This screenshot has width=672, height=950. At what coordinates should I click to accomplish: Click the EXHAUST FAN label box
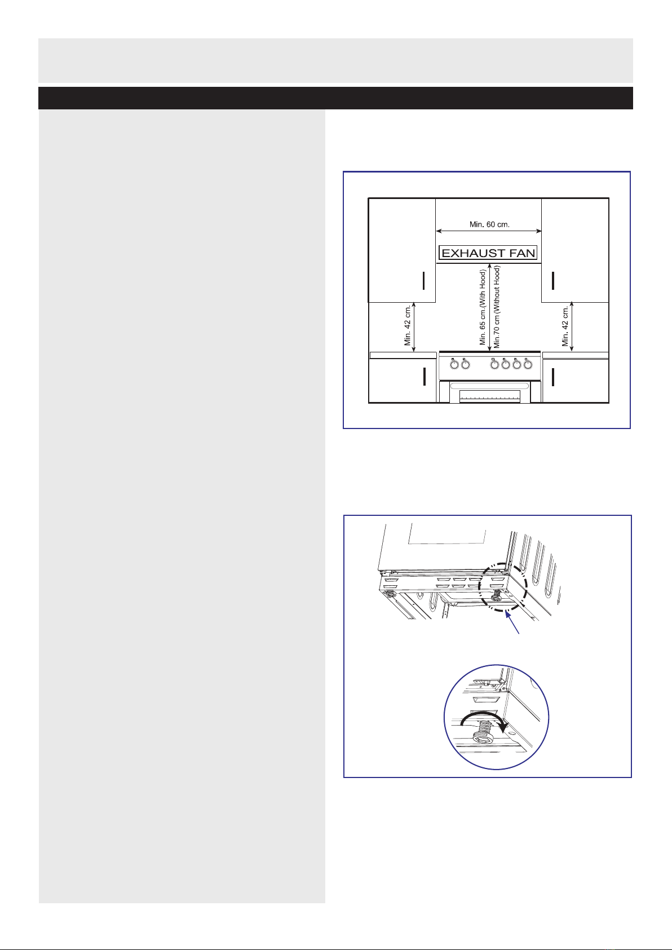coord(488,253)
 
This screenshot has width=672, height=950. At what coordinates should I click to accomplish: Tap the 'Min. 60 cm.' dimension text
coord(489,224)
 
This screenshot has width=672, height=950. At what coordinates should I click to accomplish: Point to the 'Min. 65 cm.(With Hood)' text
coord(483,307)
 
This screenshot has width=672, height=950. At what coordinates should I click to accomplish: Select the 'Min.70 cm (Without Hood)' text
coord(497,307)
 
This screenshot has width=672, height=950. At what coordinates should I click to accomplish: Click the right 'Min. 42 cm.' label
coord(565,325)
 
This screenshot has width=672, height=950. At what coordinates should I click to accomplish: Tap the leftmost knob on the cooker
coord(454,364)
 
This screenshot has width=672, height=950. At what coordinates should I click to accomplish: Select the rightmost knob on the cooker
coord(528,364)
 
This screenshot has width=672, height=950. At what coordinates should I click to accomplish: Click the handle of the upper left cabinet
coord(423,281)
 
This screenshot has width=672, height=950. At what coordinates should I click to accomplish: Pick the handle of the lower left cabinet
coord(425,377)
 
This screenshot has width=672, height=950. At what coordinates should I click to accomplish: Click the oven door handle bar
coord(490,386)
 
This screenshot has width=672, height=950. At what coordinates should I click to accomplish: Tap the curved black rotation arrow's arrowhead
coord(503,727)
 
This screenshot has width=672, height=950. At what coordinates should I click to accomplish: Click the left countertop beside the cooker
coord(403,355)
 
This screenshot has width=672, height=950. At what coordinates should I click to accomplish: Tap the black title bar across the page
coord(335,98)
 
